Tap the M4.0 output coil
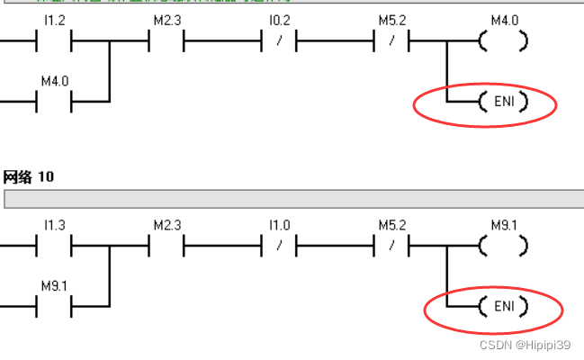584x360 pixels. [503, 41]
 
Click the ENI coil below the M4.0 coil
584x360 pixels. [503, 103]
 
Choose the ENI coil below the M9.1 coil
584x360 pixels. [503, 307]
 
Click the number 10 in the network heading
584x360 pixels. [45, 177]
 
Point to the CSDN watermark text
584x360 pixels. [494, 345]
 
